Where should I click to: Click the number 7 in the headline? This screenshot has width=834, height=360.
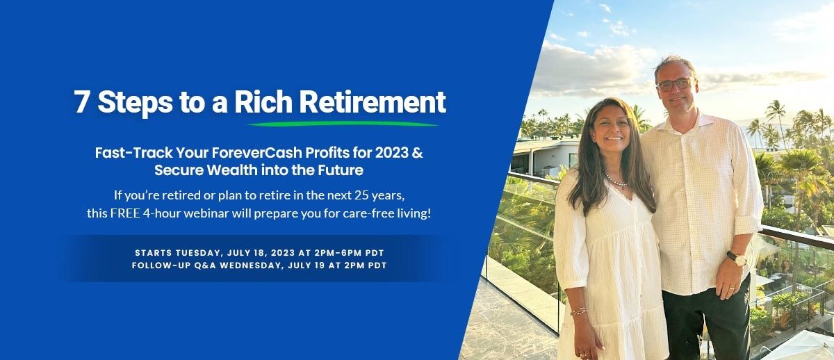click(x=82, y=102)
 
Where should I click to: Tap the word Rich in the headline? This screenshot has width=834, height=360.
click(x=263, y=102)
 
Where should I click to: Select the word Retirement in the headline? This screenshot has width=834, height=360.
click(x=373, y=102)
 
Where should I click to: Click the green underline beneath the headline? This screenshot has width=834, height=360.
click(x=343, y=124)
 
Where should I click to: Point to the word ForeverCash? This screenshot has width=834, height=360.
click(x=238, y=153)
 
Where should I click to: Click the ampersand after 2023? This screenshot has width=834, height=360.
click(x=417, y=153)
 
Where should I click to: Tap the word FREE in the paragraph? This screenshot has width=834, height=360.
click(x=124, y=213)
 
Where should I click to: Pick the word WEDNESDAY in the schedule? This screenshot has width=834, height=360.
click(x=254, y=265)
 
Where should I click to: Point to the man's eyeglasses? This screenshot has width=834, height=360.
click(x=673, y=84)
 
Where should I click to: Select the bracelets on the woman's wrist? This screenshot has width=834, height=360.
click(x=578, y=311)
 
